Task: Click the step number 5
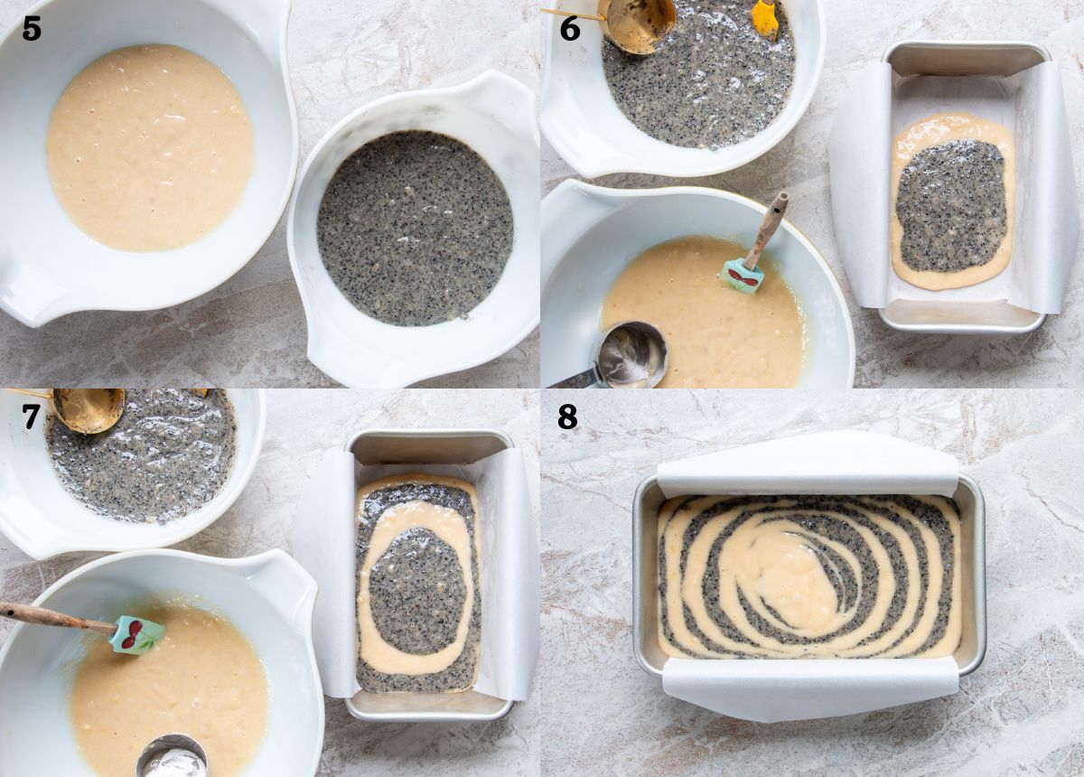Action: coord(32,29)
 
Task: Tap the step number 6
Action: coord(570,29)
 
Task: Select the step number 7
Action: coord(31,416)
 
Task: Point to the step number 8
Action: coord(567,416)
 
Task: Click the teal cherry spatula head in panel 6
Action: coord(743,276)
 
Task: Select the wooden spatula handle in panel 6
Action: coord(768,229)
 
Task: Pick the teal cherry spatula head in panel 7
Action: coord(137,634)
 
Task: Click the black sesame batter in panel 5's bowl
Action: coord(415,228)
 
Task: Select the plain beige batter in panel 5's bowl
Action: coord(150,148)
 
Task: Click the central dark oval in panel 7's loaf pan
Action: coord(417,591)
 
